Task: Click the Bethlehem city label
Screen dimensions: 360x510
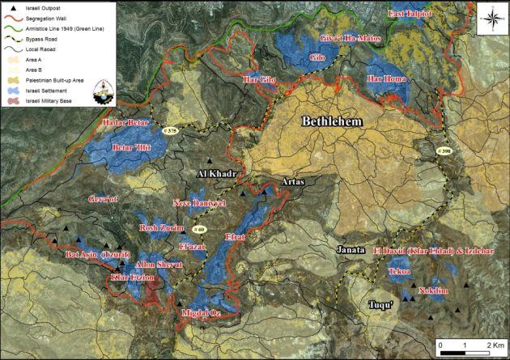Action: pos(330,122)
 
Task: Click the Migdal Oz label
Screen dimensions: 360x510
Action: pos(200,311)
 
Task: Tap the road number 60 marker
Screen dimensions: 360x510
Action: pos(201,230)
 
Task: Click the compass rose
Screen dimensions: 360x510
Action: pos(488,14)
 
